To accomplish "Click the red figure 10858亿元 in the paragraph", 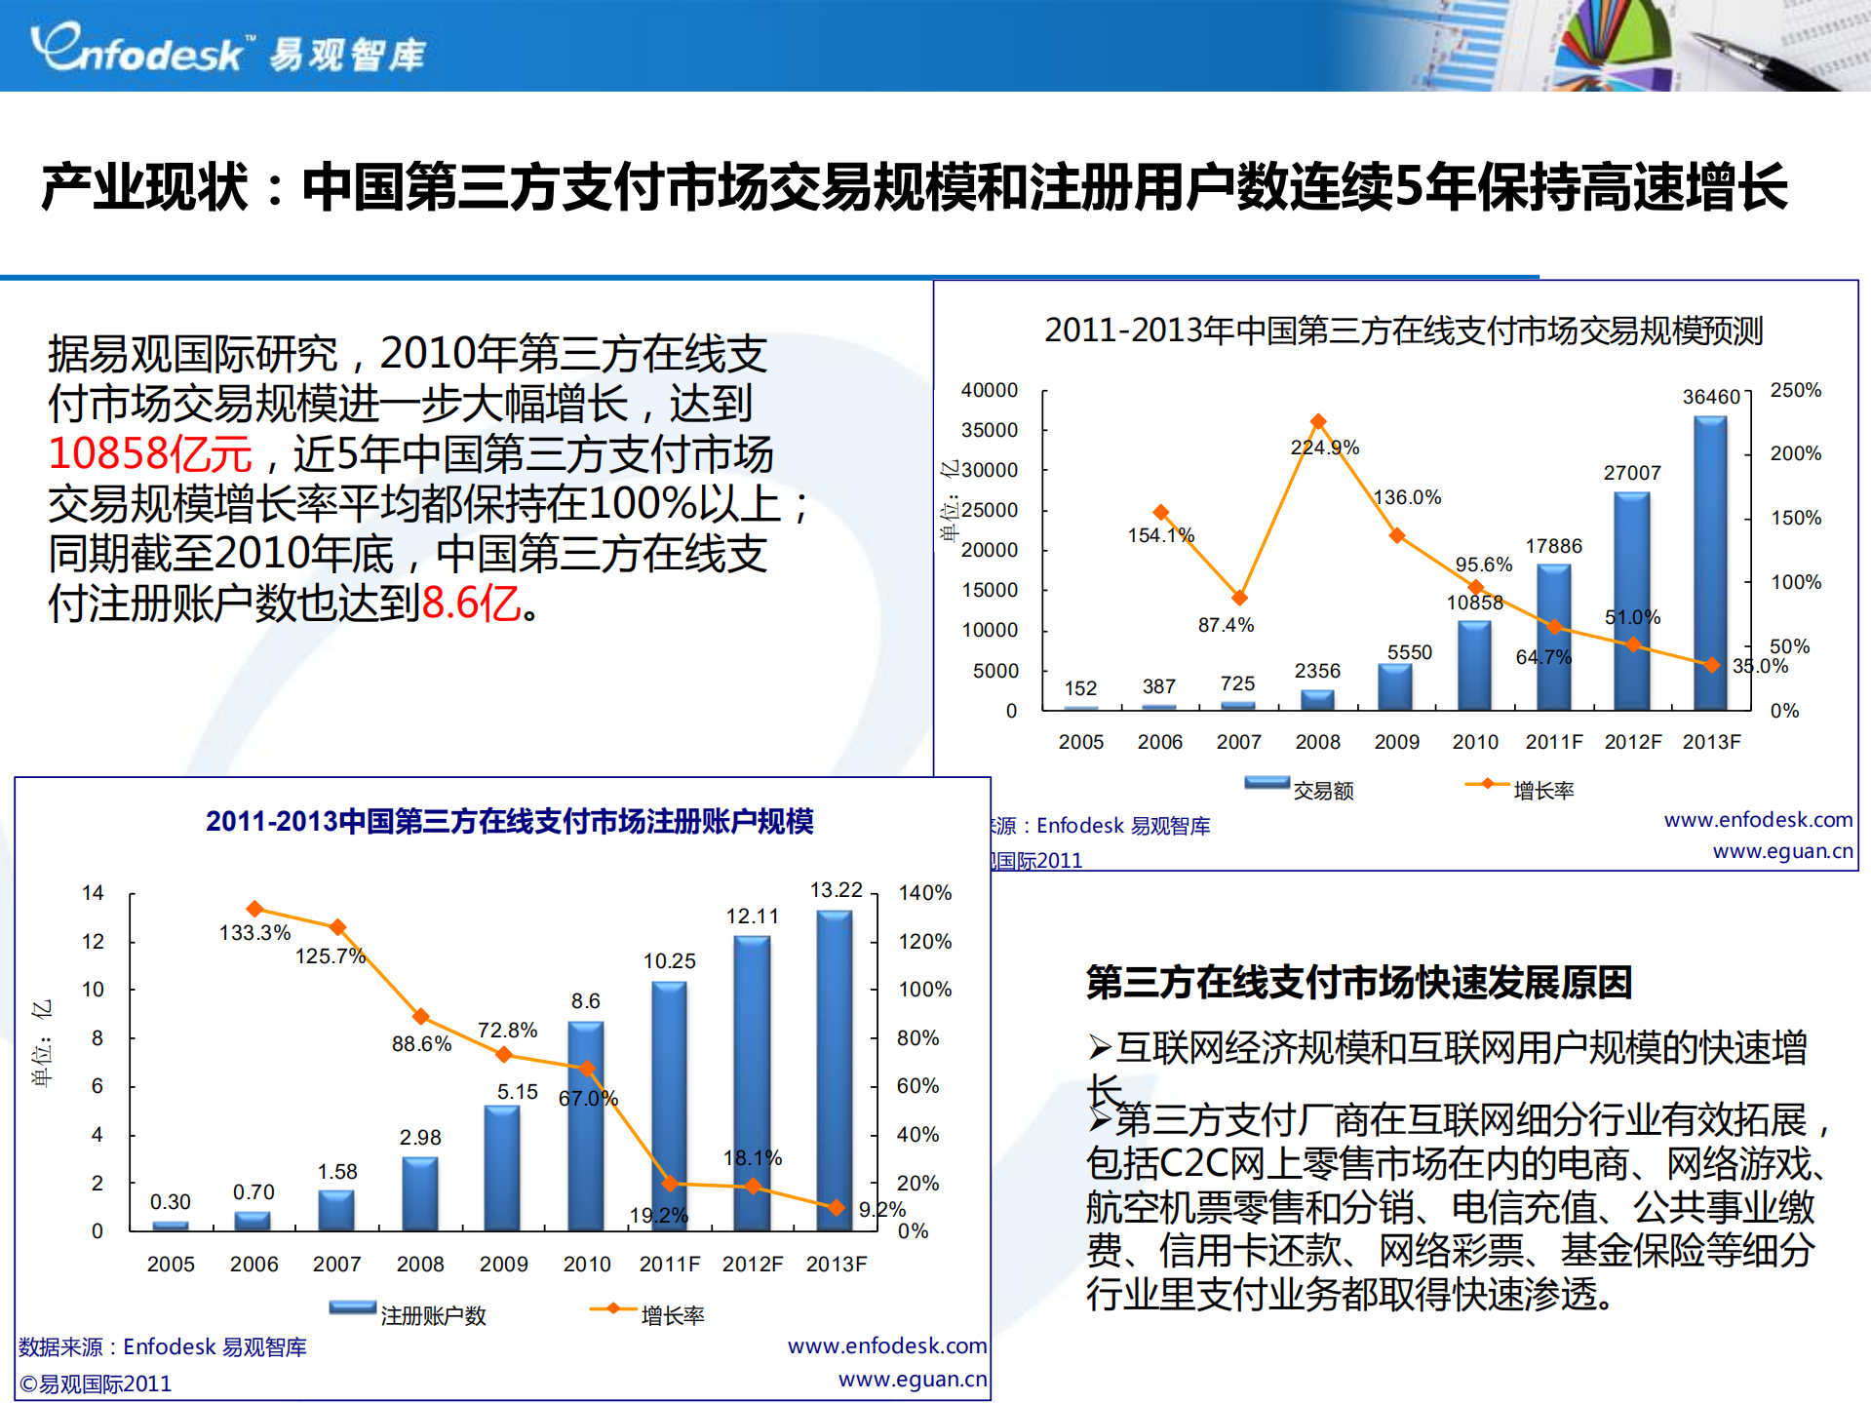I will click(150, 453).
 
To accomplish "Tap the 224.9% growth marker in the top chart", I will click(1318, 421).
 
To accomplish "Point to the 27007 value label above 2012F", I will click(1632, 473).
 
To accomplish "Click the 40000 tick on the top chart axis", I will click(990, 390).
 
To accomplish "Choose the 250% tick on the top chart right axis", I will click(1795, 390).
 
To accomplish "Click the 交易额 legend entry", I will click(1301, 789).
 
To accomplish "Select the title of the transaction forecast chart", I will click(1403, 331).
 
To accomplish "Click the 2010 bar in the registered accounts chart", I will click(586, 1126).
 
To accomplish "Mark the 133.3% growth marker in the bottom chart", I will click(255, 909).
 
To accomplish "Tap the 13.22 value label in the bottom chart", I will click(837, 890).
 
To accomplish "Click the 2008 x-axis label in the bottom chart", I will click(420, 1265).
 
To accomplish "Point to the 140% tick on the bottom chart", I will click(924, 893).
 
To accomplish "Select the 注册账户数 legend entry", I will click(409, 1314).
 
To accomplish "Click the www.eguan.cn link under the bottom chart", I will click(912, 1379).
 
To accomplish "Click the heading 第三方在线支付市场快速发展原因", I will click(1359, 982).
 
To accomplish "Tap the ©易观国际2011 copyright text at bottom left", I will click(96, 1384).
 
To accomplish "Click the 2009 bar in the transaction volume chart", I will click(1395, 686).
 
